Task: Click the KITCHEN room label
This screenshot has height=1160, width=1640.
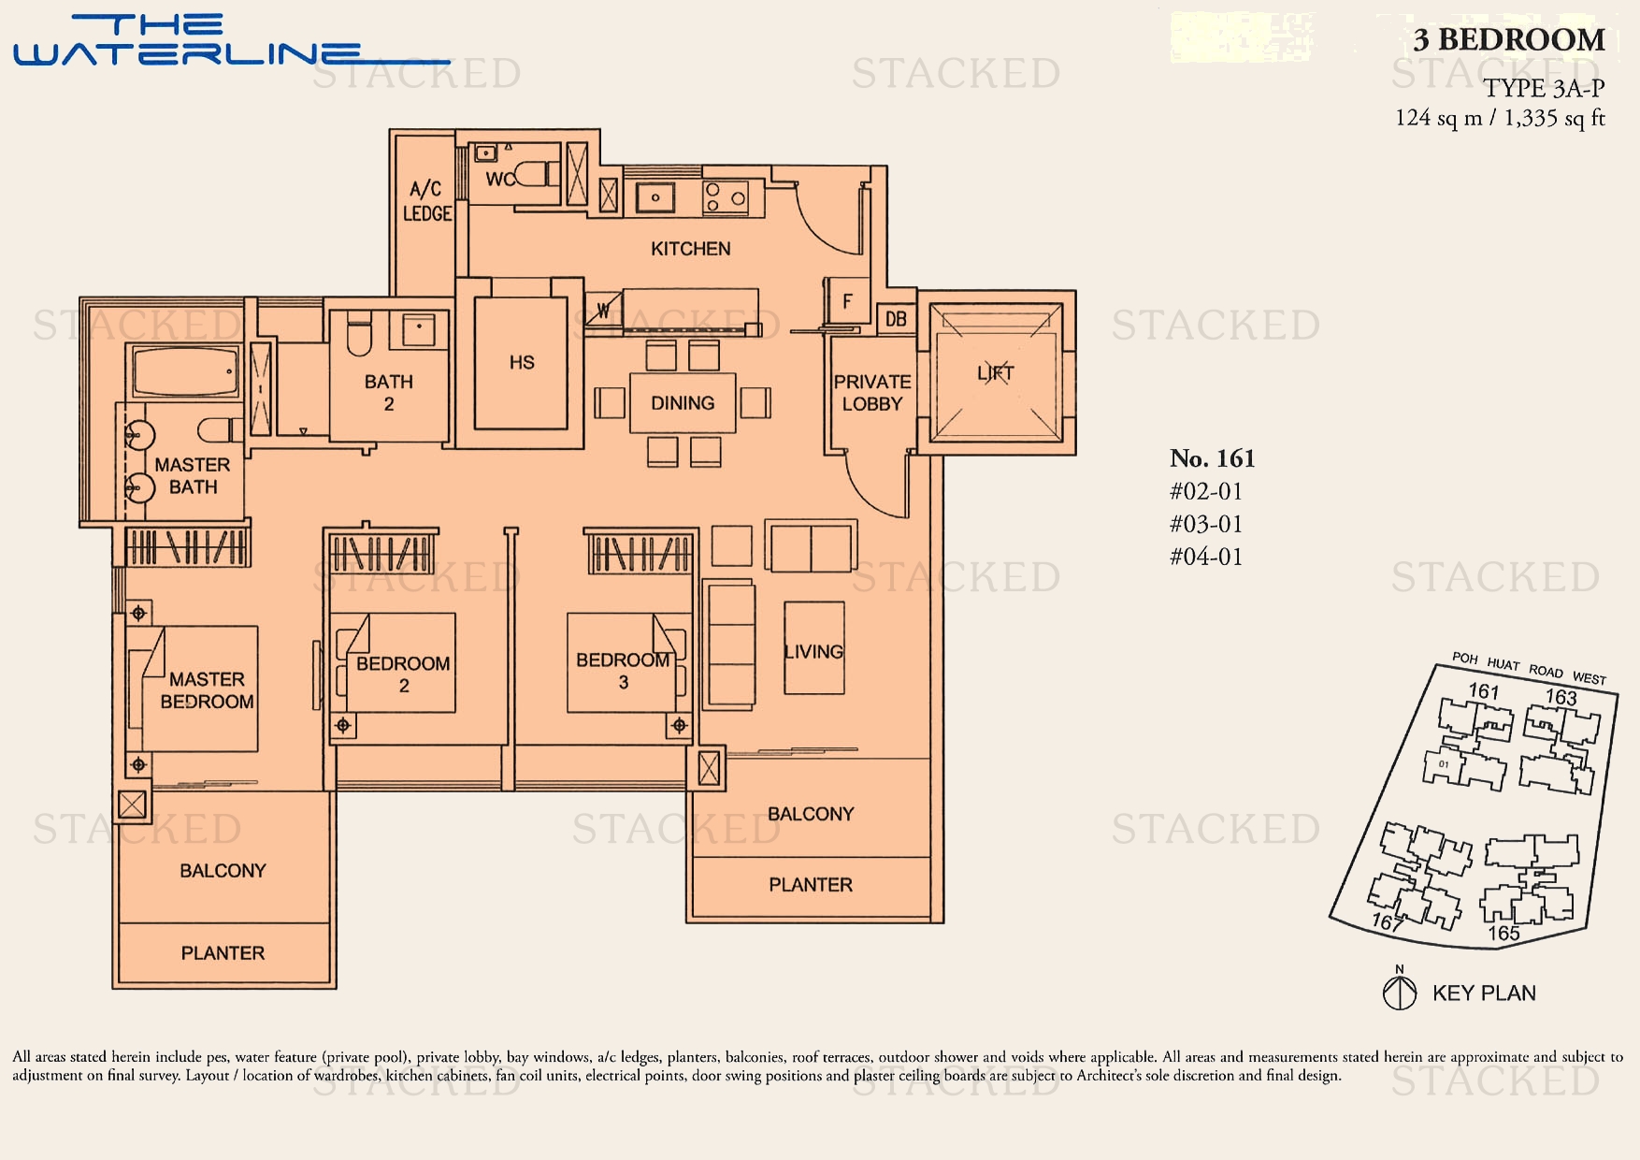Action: (x=690, y=249)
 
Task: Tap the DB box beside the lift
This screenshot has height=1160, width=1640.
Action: (x=896, y=319)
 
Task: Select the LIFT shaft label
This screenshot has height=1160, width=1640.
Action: (x=996, y=373)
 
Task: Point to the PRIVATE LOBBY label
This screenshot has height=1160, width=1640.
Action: (x=871, y=393)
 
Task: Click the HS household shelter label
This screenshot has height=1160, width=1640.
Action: (x=522, y=362)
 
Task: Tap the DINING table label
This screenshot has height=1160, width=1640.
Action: (x=683, y=403)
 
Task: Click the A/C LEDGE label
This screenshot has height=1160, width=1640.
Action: (x=426, y=201)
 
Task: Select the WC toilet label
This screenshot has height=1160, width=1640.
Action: (x=499, y=179)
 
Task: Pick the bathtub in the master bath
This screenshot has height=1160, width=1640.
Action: (x=185, y=372)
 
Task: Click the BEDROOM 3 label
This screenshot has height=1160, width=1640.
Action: (x=623, y=671)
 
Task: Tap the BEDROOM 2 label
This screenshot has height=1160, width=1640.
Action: (x=403, y=674)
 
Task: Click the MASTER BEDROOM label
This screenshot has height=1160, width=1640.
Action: (x=207, y=690)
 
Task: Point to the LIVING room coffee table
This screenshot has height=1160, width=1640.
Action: (x=813, y=648)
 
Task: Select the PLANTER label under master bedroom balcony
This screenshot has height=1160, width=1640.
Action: (x=223, y=953)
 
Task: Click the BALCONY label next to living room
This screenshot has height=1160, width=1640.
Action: (x=811, y=814)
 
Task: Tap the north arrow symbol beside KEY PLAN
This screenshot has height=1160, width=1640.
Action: (x=1399, y=993)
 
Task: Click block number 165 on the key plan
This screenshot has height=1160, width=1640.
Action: (x=1503, y=933)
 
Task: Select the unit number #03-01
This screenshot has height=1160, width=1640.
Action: (x=1206, y=524)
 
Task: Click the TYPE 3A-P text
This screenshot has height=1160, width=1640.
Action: (x=1544, y=89)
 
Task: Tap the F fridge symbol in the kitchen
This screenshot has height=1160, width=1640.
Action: (x=847, y=301)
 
